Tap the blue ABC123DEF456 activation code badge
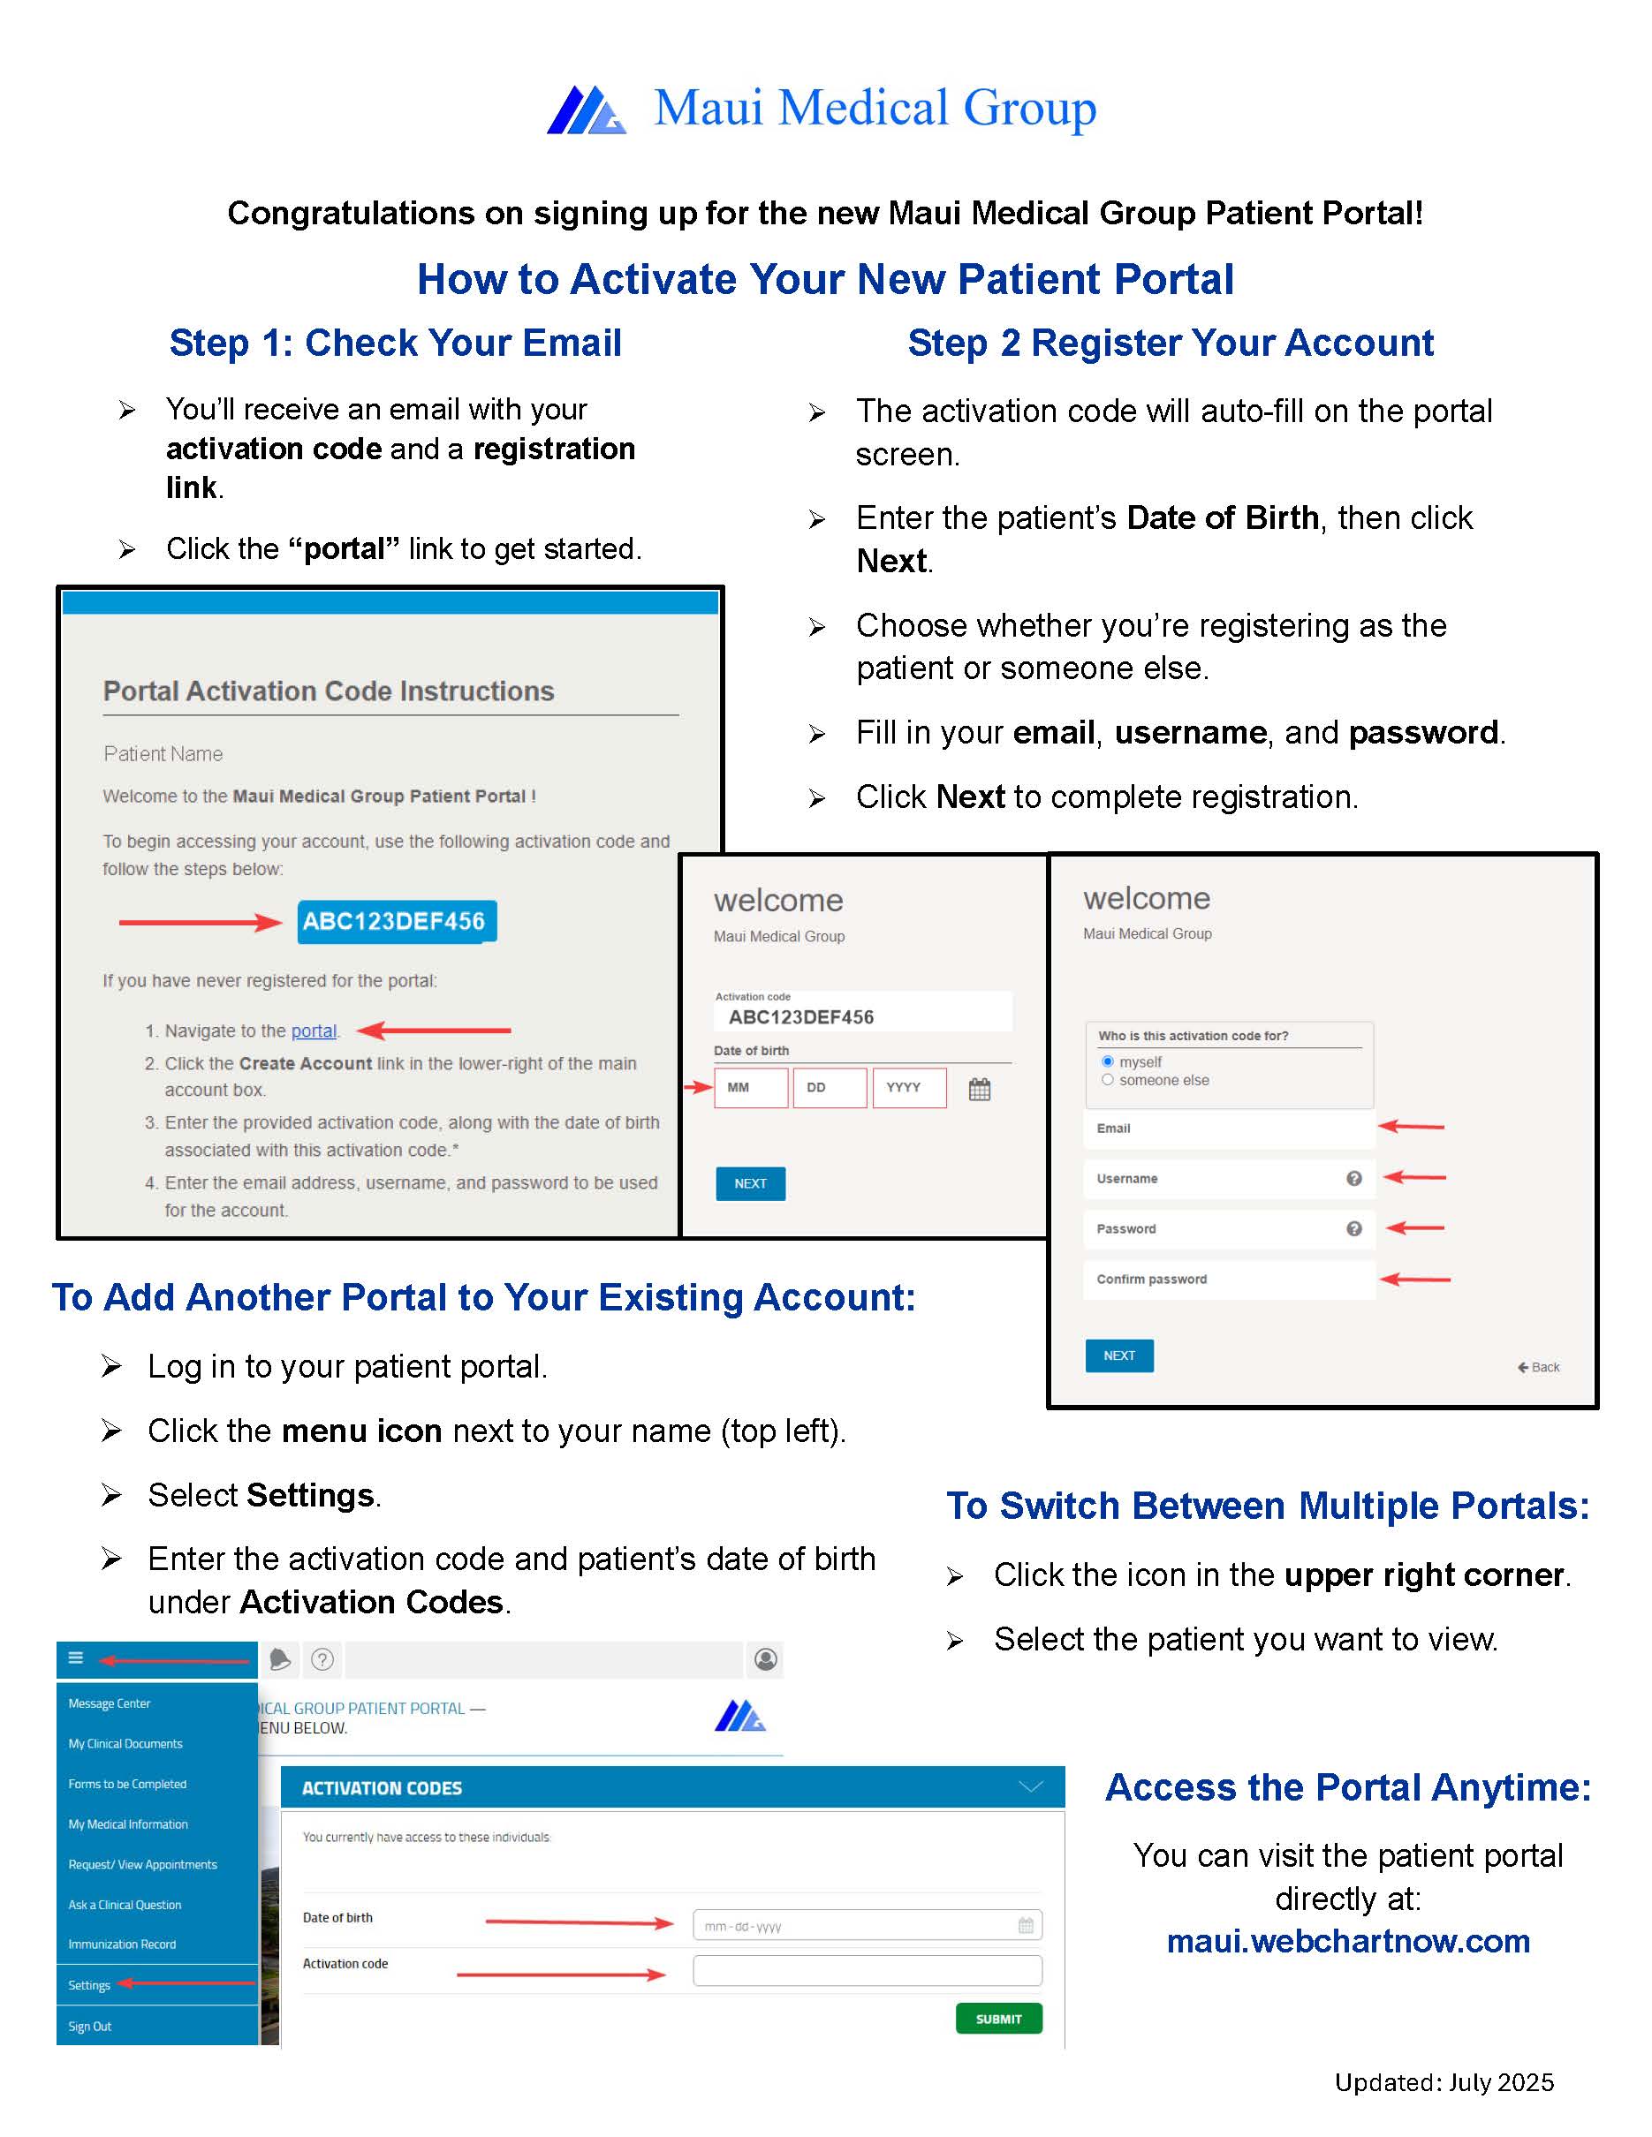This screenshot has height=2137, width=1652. click(x=397, y=921)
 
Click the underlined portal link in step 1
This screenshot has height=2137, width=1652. click(x=314, y=1031)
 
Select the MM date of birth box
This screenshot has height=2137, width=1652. click(x=750, y=1087)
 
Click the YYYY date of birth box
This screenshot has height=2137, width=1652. click(x=908, y=1087)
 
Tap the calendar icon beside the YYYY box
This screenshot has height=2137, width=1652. click(x=979, y=1089)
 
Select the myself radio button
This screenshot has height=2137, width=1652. click(x=1107, y=1061)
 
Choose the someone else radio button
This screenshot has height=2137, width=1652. click(x=1107, y=1079)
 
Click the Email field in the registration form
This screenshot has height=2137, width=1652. click(x=1228, y=1129)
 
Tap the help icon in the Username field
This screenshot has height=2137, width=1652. click(x=1353, y=1178)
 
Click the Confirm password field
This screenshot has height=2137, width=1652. click(x=1228, y=1279)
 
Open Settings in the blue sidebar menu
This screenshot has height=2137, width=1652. click(x=89, y=1985)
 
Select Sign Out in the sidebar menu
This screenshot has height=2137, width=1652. click(x=90, y=2027)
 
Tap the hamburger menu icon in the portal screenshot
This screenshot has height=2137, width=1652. click(x=75, y=1657)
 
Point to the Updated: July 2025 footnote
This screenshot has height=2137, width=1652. click(x=1444, y=2082)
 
